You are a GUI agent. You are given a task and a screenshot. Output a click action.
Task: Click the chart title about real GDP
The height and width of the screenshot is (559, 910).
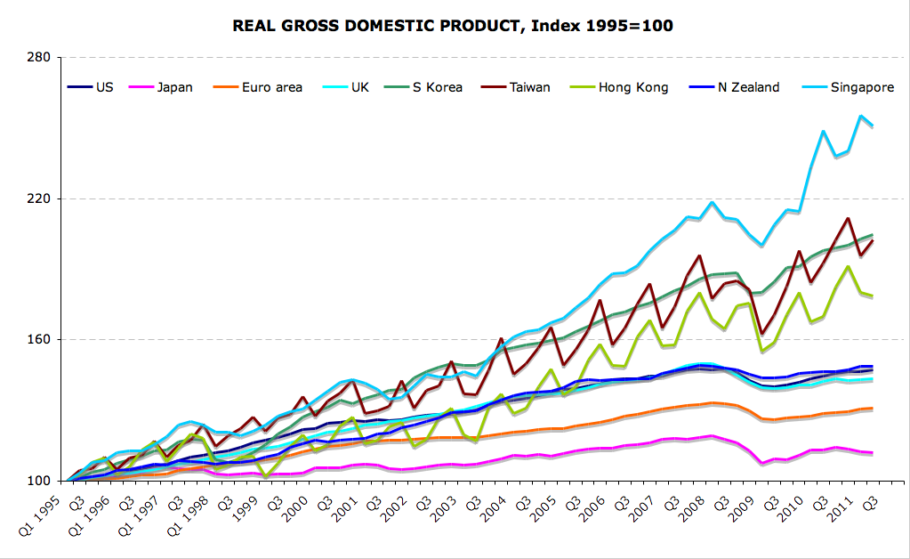click(x=453, y=26)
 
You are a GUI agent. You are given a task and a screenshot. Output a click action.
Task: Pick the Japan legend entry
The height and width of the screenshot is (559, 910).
click(x=174, y=87)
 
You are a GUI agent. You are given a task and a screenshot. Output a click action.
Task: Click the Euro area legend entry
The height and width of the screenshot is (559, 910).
click(x=271, y=87)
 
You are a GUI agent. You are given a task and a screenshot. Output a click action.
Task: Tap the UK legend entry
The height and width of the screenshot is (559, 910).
click(x=359, y=87)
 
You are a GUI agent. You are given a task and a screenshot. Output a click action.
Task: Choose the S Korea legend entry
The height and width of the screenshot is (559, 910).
click(x=437, y=87)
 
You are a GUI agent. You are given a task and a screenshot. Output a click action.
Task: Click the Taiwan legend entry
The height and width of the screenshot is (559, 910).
click(x=529, y=87)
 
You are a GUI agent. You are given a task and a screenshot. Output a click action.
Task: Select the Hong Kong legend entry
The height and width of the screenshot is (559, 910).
click(x=632, y=87)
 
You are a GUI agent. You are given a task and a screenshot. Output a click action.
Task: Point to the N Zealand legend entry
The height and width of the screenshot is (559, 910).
click(x=748, y=87)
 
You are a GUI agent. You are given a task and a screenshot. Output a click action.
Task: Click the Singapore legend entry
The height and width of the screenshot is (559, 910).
click(x=862, y=87)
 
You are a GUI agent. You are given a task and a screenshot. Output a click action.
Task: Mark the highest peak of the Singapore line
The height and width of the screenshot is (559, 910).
click(x=861, y=116)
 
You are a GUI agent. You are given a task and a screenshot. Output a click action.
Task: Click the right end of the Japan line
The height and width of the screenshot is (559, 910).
click(x=872, y=453)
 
